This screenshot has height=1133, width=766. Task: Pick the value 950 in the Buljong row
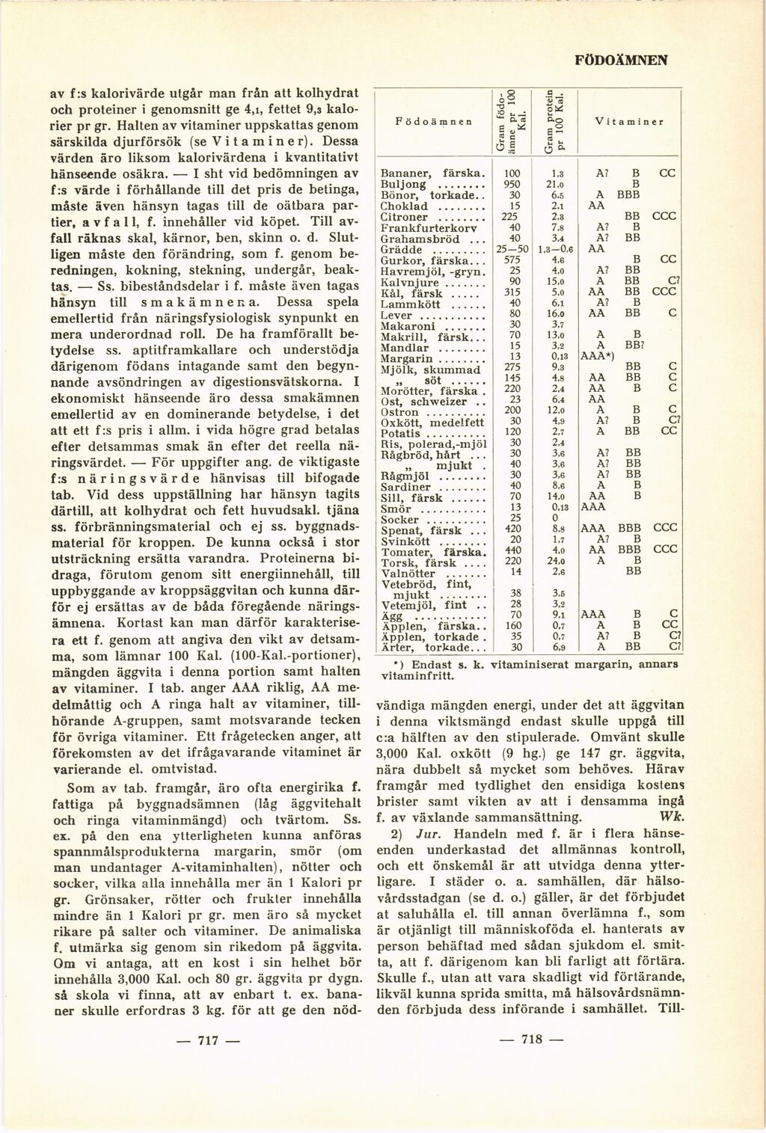[512, 184]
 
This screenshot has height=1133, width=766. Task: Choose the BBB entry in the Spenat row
[634, 529]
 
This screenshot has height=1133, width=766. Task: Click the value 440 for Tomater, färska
[512, 551]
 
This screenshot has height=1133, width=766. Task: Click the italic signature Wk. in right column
[672, 816]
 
